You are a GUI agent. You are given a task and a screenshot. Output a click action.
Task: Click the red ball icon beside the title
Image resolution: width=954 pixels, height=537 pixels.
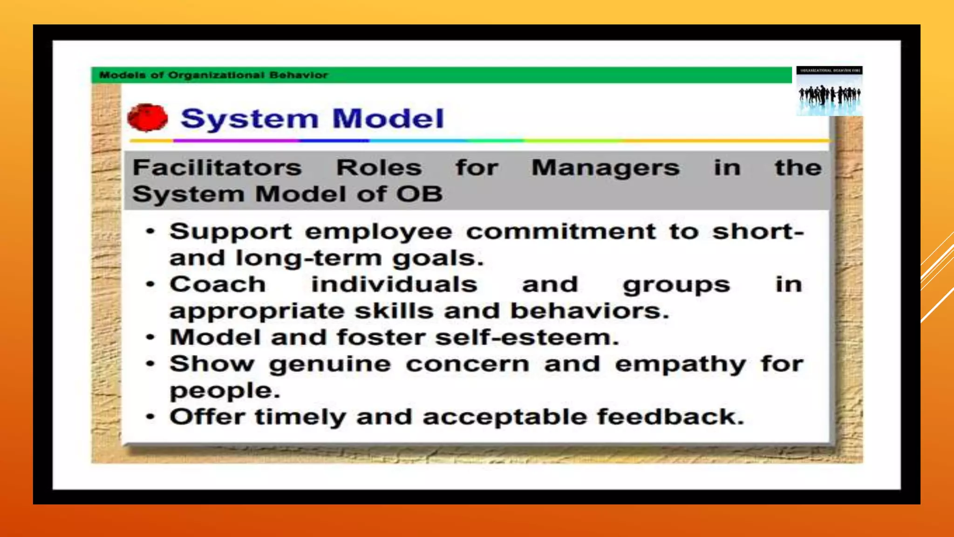click(147, 117)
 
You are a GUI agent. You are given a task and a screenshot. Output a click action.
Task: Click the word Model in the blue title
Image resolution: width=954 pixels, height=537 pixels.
click(388, 118)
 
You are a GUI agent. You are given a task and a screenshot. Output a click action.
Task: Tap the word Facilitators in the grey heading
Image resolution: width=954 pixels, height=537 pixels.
click(217, 167)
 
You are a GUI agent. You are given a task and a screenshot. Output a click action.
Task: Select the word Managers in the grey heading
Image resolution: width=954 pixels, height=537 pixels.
click(606, 168)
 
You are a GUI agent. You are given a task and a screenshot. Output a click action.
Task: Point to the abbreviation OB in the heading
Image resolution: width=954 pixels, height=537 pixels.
click(419, 194)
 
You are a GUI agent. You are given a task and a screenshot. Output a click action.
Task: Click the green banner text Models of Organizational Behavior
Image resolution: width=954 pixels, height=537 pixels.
click(213, 75)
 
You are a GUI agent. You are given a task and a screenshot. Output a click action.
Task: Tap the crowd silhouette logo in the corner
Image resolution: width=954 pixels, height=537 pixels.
click(829, 94)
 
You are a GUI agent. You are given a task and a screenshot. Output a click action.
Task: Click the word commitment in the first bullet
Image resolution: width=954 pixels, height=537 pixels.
click(561, 231)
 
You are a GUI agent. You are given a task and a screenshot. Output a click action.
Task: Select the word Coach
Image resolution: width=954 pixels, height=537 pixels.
click(218, 284)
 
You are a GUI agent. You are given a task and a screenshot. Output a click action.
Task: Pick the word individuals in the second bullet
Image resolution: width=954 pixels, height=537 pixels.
click(394, 284)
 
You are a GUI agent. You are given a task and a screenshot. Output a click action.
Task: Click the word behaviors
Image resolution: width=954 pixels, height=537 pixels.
click(589, 311)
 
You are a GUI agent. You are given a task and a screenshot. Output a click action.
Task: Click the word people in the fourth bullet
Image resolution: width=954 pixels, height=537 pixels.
click(225, 391)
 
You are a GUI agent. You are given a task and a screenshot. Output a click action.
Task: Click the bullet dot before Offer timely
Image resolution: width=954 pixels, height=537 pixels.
click(150, 417)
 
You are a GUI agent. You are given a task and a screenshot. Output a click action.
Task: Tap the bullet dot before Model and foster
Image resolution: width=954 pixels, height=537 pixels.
click(150, 337)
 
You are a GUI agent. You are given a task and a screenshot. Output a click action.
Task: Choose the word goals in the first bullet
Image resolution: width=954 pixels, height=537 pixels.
click(437, 259)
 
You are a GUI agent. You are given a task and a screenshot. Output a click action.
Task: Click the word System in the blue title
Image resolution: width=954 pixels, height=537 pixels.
click(249, 119)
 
